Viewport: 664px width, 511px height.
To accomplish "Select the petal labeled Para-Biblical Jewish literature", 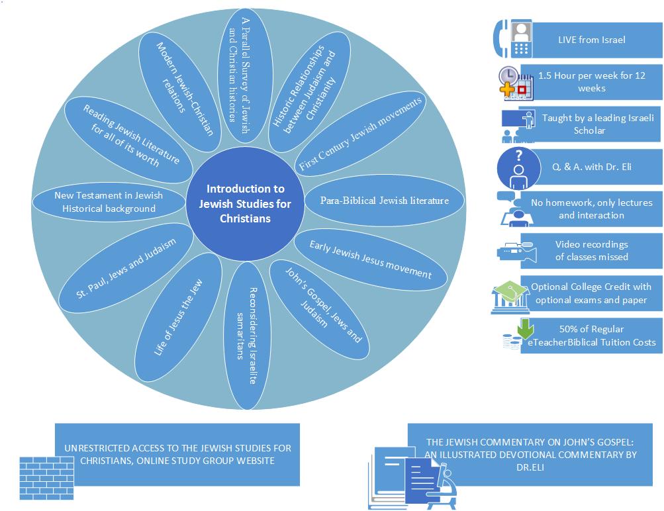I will [x=384, y=201].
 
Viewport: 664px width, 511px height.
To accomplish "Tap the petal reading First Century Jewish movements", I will [x=361, y=134].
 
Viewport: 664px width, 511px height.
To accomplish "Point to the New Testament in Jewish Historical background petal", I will [x=109, y=202].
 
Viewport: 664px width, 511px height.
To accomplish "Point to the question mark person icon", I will [x=518, y=167].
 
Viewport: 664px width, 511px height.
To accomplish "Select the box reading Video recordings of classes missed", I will [x=591, y=250].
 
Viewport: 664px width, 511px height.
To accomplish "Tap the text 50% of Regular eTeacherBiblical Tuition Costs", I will [x=592, y=336].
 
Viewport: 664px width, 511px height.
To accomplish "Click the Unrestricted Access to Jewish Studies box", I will [x=177, y=454].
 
